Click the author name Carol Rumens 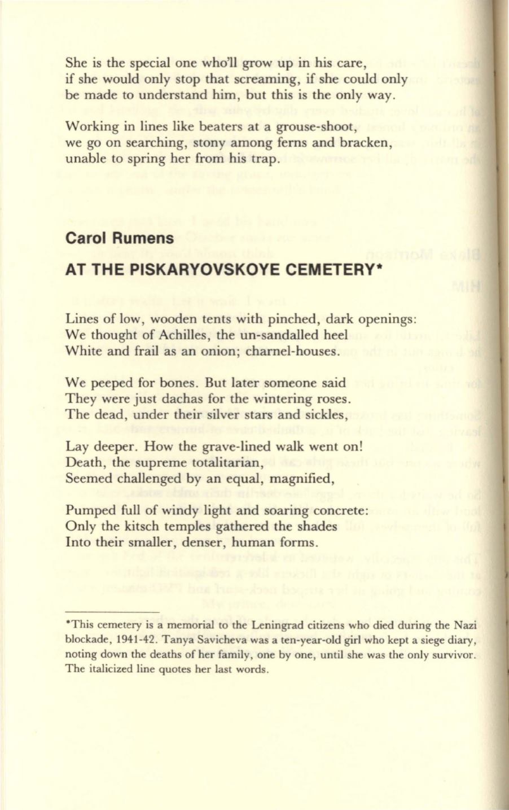pyautogui.click(x=120, y=238)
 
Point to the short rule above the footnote pyautogui.click(x=112, y=611)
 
